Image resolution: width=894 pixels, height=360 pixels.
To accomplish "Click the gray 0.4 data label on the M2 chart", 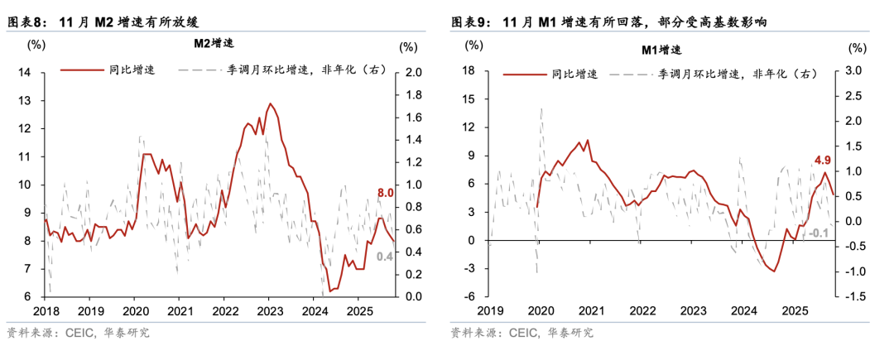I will tap(384, 257).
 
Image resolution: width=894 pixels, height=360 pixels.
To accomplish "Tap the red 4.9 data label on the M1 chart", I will tap(823, 160).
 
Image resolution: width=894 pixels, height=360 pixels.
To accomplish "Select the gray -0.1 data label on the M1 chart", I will tap(821, 234).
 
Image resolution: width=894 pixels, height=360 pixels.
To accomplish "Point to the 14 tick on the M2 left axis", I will tap(25, 73).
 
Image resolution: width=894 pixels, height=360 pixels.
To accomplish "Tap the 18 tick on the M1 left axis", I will tap(468, 71).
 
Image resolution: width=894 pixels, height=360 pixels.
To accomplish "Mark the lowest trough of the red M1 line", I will tap(774, 271).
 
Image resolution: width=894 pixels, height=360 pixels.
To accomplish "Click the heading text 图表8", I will tap(26, 22).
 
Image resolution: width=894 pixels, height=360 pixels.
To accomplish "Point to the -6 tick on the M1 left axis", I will tap(468, 296).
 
